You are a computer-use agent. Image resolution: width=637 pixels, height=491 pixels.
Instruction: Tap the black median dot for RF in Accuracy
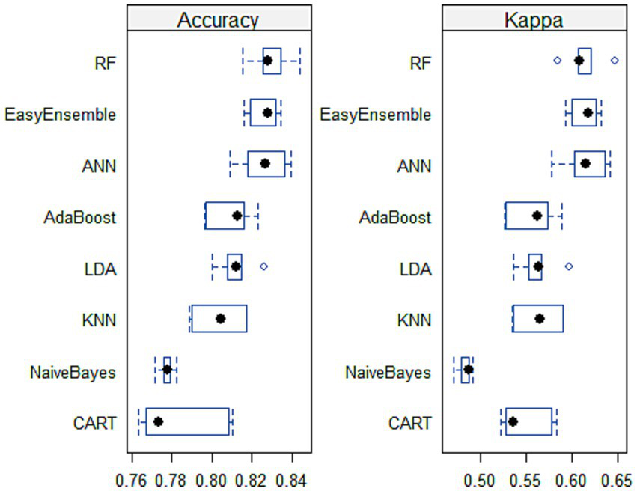pos(267,60)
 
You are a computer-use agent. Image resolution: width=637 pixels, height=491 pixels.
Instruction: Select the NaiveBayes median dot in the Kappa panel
pos(469,369)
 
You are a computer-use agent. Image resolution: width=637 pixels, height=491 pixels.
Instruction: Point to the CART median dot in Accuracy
pos(158,422)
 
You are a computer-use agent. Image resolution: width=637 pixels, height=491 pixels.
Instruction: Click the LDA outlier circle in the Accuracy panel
pos(263,266)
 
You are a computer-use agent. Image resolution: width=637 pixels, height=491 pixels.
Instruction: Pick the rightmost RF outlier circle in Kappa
pos(615,60)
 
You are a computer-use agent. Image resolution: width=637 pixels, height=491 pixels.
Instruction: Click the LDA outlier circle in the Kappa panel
pos(569,266)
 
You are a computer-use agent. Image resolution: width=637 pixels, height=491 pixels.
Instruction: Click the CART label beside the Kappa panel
pos(409,424)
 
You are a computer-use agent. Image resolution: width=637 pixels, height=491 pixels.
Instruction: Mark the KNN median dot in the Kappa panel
pos(540,319)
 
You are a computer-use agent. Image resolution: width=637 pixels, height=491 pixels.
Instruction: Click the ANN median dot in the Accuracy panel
pos(264,163)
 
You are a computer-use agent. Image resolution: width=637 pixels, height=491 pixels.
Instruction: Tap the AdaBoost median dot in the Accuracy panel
pos(237,216)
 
